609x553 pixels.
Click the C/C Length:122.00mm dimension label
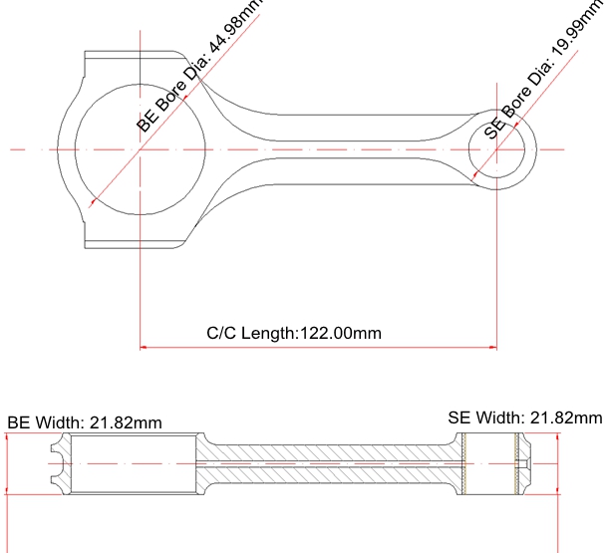tap(294, 333)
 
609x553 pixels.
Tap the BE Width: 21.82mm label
tap(85, 422)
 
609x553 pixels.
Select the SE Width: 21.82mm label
tap(525, 417)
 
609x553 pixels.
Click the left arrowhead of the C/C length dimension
tap(144, 347)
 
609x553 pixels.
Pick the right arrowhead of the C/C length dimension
tap(493, 347)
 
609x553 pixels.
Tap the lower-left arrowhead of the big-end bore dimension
tap(94, 202)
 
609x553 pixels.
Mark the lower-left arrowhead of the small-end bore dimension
tap(473, 177)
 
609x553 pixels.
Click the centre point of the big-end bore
tap(140, 149)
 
